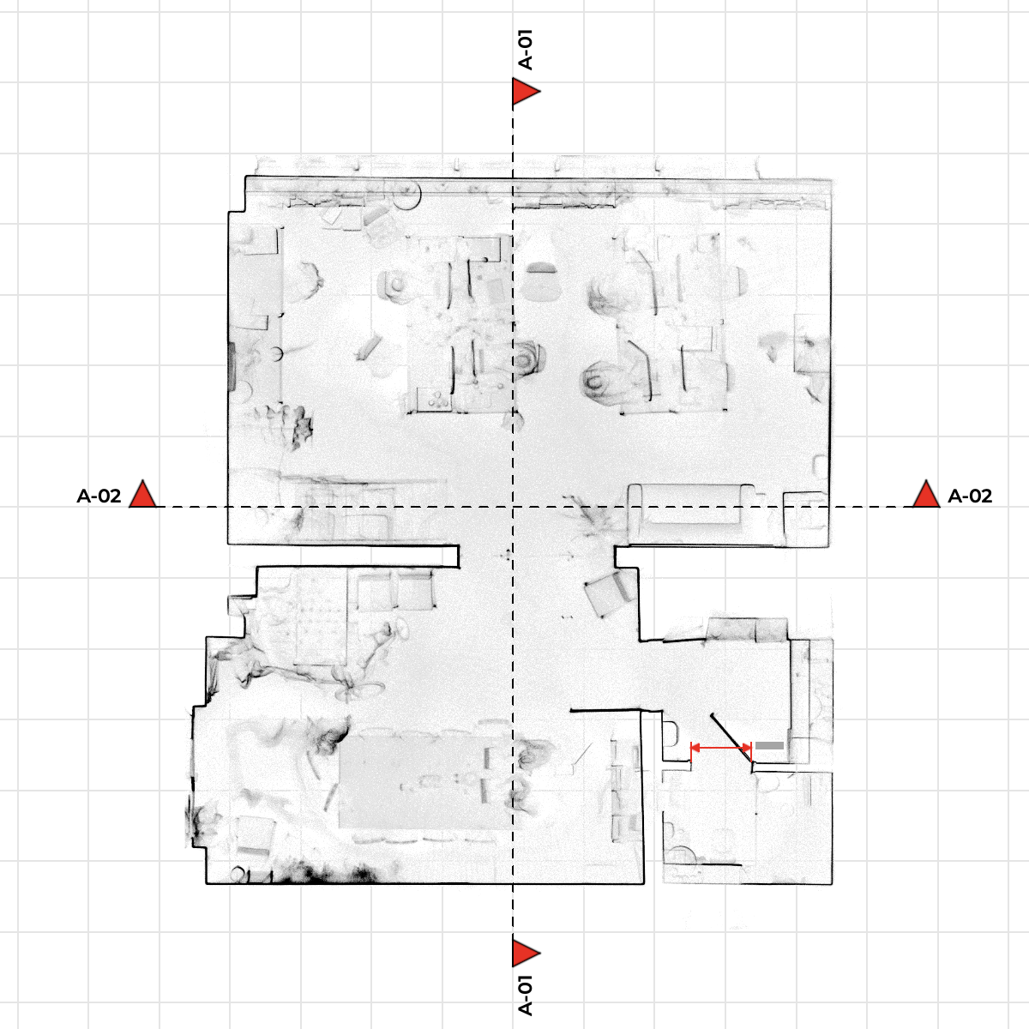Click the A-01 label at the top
pos(526,50)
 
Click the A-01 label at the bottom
pos(526,995)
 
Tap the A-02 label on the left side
pos(99,496)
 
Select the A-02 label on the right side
pos(970,496)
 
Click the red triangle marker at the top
pos(526,91)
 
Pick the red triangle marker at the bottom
pos(526,953)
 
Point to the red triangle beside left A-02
pos(143,495)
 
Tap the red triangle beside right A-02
pos(926,495)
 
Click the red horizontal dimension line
pos(721,748)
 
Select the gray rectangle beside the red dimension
pos(769,745)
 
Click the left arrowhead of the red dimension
pos(695,748)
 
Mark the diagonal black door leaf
pos(732,741)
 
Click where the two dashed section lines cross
pos(513,507)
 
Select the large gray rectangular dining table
pos(425,783)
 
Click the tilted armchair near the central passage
pos(610,593)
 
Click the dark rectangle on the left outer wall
pos(232,366)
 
